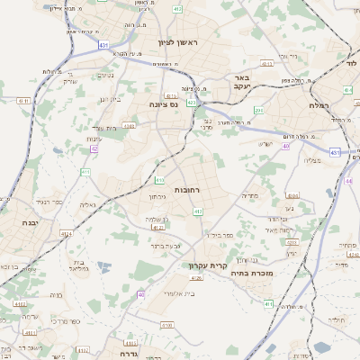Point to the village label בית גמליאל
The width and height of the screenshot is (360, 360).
(80, 264)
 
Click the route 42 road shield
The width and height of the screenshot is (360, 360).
(93, 148)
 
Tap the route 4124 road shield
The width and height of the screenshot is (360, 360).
(66, 233)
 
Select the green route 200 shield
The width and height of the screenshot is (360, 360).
(258, 110)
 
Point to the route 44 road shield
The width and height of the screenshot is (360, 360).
(349, 181)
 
